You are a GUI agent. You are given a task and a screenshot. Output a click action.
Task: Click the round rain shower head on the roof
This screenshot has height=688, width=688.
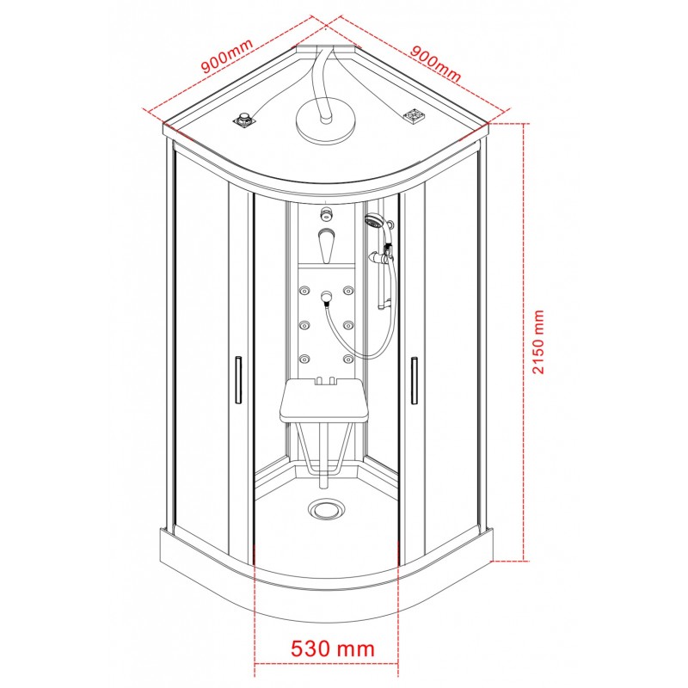[x=326, y=119]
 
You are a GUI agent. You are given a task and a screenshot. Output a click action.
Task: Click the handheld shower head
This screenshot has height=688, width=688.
[x=374, y=221]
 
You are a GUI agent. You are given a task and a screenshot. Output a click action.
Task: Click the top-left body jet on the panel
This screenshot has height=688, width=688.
[x=305, y=291]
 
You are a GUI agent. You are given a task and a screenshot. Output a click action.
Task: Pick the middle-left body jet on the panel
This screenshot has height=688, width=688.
[x=305, y=325]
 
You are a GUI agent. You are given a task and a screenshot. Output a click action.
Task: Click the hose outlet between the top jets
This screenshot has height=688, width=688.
[x=326, y=298]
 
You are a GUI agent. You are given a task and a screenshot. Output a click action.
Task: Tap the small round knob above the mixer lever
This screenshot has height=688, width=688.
[x=326, y=212]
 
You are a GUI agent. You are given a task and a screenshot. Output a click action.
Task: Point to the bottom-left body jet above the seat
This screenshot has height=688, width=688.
[x=305, y=358]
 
